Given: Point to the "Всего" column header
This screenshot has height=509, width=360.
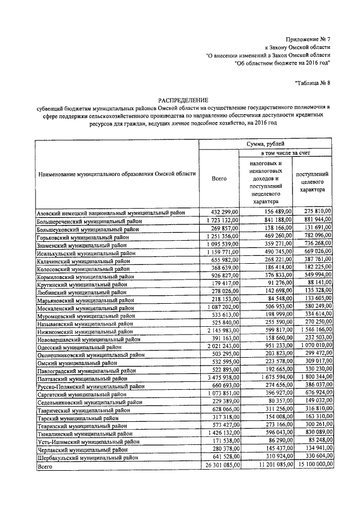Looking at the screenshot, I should coord(219,178).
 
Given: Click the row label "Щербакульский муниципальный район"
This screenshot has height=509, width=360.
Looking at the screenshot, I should coord(88,459).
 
